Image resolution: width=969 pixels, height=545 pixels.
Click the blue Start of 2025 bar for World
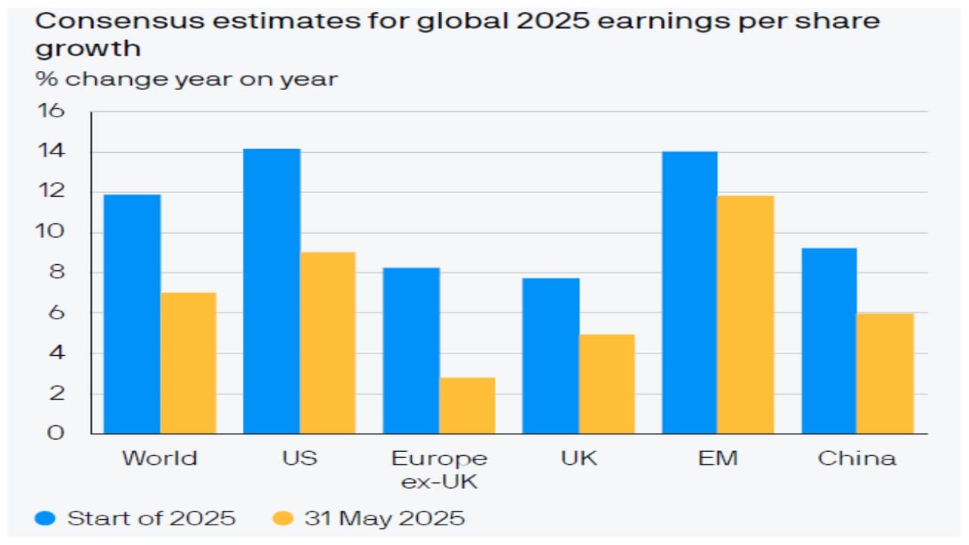(132, 314)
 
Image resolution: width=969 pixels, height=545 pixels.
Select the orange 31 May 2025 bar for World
(188, 363)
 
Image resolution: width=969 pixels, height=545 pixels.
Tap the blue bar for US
(271, 291)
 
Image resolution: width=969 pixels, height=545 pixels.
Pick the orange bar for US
(327, 343)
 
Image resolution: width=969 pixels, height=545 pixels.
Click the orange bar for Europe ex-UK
(467, 406)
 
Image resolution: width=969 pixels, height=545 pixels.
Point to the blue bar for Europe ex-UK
(411, 350)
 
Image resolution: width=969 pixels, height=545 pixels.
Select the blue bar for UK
(551, 356)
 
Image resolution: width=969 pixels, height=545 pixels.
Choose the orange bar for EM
(746, 315)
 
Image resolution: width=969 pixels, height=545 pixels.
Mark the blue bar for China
(830, 341)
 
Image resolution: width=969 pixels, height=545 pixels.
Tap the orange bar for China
(886, 373)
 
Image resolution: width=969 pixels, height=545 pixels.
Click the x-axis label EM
(718, 458)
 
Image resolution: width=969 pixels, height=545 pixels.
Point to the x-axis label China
(857, 458)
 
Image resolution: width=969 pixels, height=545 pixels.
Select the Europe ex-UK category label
(439, 469)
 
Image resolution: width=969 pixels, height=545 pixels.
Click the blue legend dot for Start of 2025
(45, 519)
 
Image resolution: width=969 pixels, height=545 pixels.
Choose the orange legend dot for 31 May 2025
(282, 519)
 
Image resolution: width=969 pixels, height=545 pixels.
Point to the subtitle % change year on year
(186, 79)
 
